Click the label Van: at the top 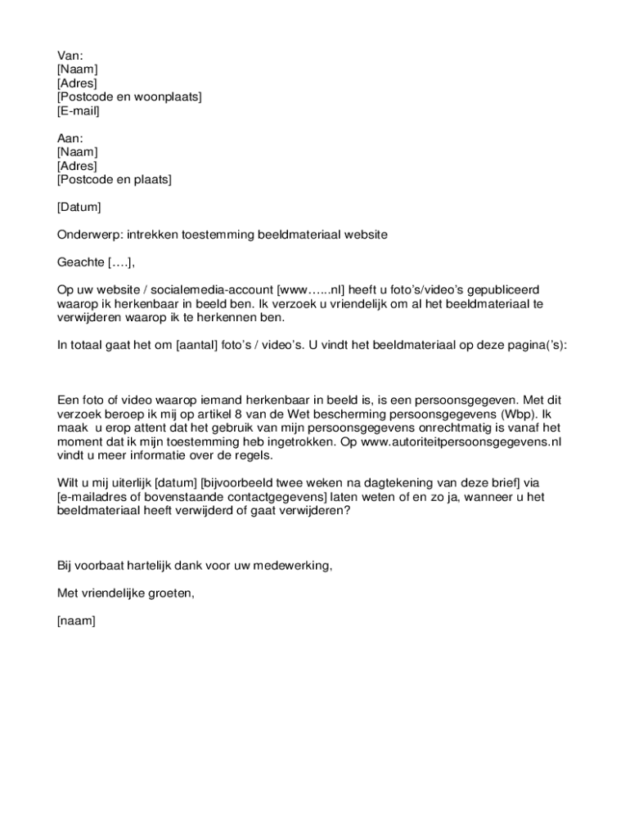(70, 56)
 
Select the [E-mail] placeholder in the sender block (78, 111)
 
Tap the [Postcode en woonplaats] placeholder (129, 97)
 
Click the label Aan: (70, 138)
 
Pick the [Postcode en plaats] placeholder (114, 180)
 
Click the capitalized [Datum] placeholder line (79, 208)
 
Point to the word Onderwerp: (88, 235)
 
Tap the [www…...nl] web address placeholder (312, 290)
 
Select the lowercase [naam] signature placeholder (76, 621)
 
